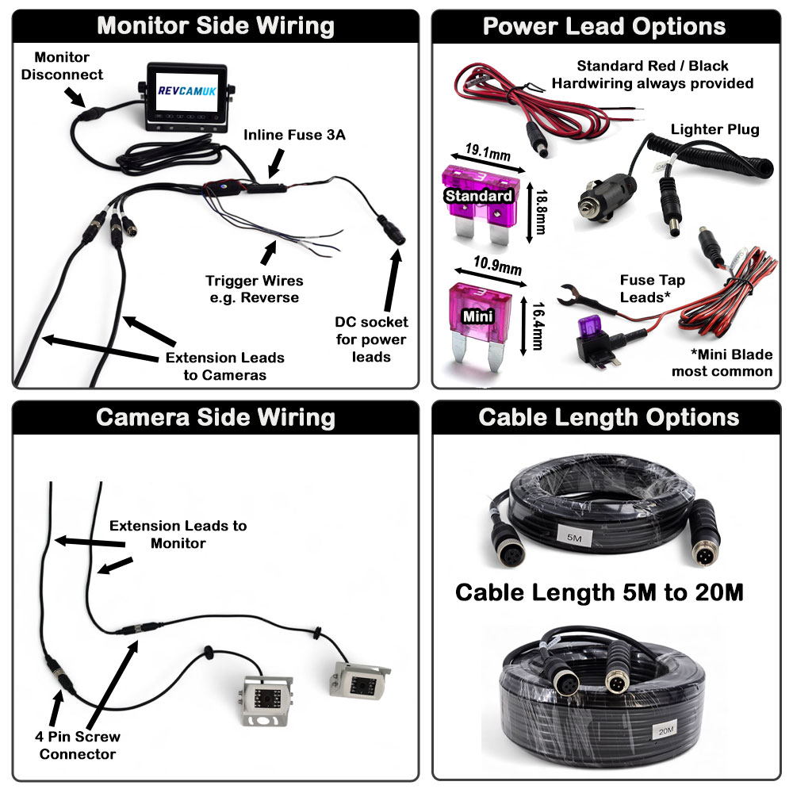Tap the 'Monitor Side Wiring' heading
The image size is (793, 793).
click(216, 25)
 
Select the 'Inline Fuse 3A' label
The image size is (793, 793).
click(294, 135)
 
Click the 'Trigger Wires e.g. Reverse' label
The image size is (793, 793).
click(254, 289)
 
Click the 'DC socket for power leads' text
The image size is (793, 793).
click(372, 339)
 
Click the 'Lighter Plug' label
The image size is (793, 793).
click(714, 129)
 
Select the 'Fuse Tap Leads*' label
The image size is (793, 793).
click(653, 288)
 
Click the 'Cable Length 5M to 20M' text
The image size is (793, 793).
click(599, 592)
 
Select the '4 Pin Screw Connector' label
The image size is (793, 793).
click(77, 745)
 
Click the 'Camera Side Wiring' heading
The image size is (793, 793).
click(216, 418)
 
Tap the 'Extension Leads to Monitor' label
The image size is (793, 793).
click(178, 534)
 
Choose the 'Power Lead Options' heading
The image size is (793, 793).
click(604, 25)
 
